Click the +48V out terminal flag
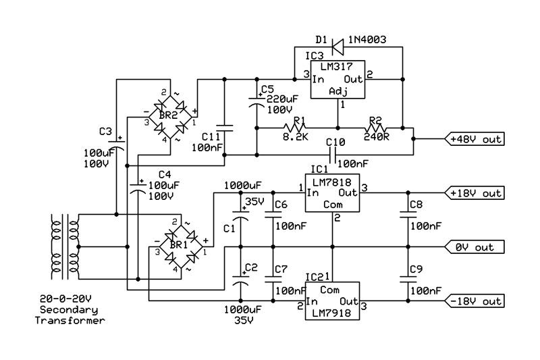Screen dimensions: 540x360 pyautogui.click(x=475, y=139)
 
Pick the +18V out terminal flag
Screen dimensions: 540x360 pyautogui.click(x=475, y=193)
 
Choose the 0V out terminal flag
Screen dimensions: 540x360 pyautogui.click(x=475, y=247)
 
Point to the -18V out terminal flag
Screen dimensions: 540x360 pyautogui.click(x=475, y=301)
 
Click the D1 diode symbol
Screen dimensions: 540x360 pyautogui.click(x=337, y=47)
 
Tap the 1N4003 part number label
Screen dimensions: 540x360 pyautogui.click(x=367, y=40)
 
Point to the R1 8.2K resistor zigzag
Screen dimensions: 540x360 pyautogui.click(x=295, y=128)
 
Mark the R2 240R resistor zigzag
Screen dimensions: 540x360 pyautogui.click(x=376, y=128)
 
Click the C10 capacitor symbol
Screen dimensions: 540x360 pyautogui.click(x=332, y=155)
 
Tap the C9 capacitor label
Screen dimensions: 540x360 pyautogui.click(x=416, y=269)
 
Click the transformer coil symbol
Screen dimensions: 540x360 pyautogui.click(x=65, y=247)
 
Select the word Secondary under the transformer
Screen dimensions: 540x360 pyautogui.click(x=69, y=310)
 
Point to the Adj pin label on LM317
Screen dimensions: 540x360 pyautogui.click(x=338, y=92)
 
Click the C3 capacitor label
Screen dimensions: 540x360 pyautogui.click(x=106, y=131)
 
